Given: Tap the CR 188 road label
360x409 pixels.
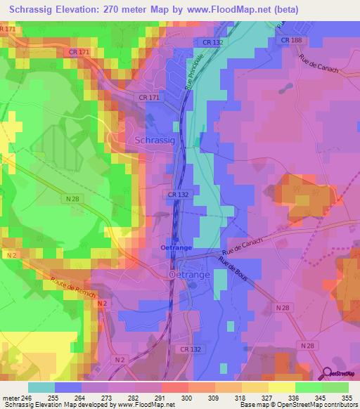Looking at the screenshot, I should (x=291, y=40).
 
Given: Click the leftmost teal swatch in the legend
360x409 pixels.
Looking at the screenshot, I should (x=41, y=387).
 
